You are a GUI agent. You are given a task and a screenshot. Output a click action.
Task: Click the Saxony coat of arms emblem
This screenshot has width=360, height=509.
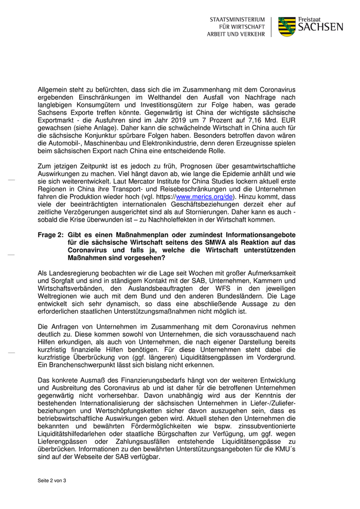click(287, 26)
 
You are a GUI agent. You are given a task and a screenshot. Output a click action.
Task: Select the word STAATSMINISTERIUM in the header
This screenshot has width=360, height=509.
click(237, 19)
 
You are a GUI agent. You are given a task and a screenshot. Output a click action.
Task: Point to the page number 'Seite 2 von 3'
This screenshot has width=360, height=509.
click(52, 480)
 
